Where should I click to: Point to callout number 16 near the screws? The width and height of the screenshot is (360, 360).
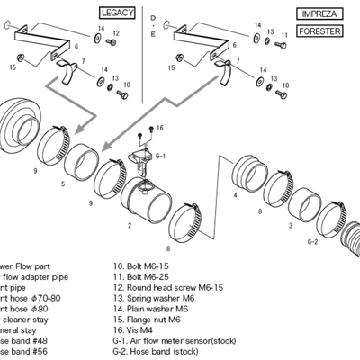(x=161, y=130)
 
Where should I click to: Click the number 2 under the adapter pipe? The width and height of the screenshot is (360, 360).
(x=130, y=225)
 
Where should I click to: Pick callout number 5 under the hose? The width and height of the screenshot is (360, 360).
(x=63, y=184)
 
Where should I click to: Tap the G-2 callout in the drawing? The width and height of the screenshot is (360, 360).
(x=313, y=242)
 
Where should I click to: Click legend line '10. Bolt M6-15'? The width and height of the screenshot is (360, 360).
(x=142, y=266)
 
